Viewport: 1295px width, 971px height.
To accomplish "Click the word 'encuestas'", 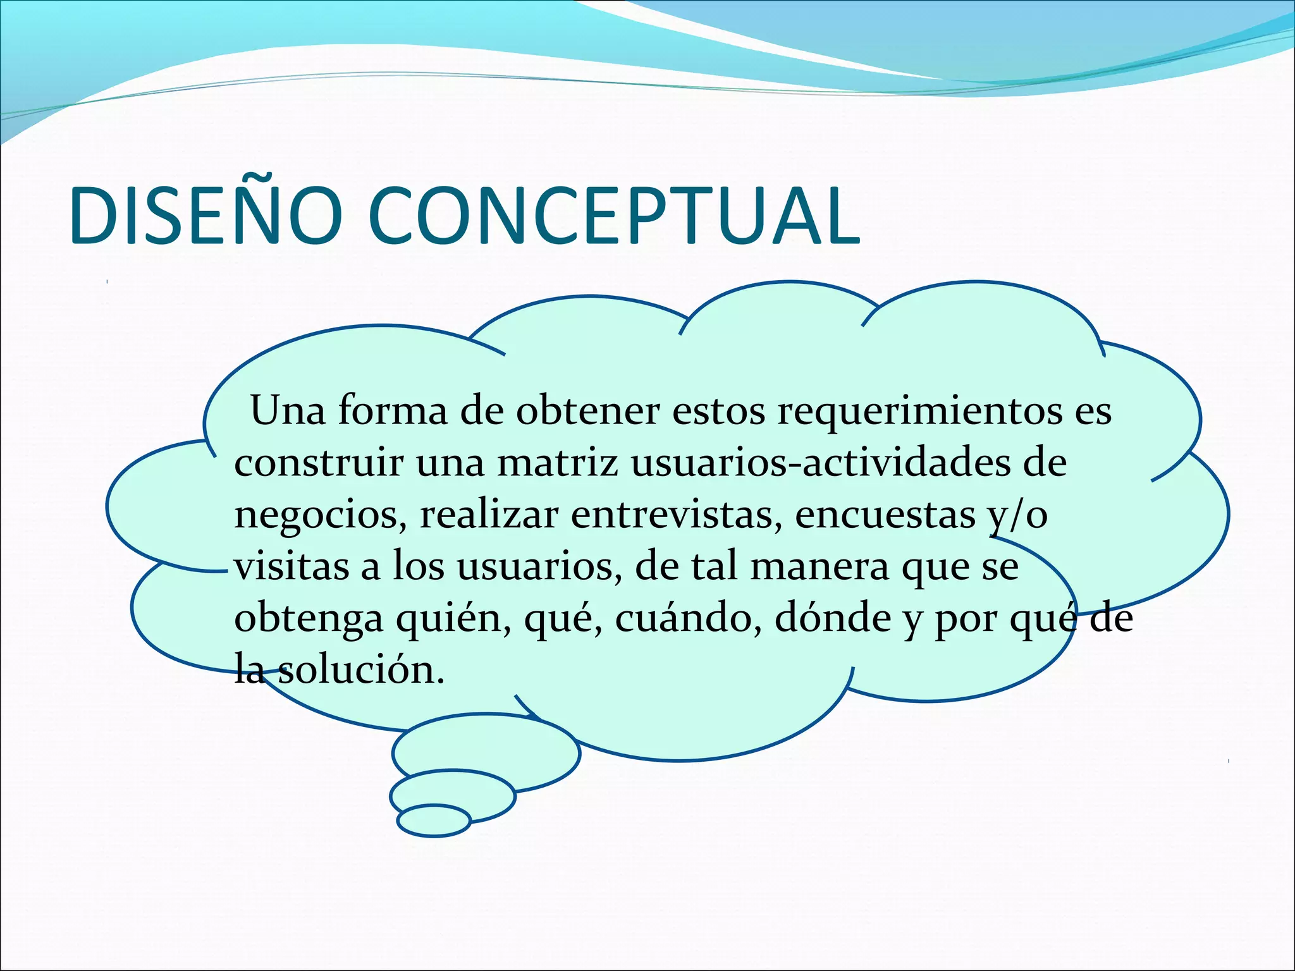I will [885, 515].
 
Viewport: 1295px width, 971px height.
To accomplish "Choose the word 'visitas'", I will [292, 566].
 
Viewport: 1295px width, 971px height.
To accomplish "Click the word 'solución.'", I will [361, 670].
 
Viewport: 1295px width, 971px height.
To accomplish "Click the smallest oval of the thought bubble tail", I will [434, 821].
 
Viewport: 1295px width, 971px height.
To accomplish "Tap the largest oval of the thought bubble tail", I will [486, 752].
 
